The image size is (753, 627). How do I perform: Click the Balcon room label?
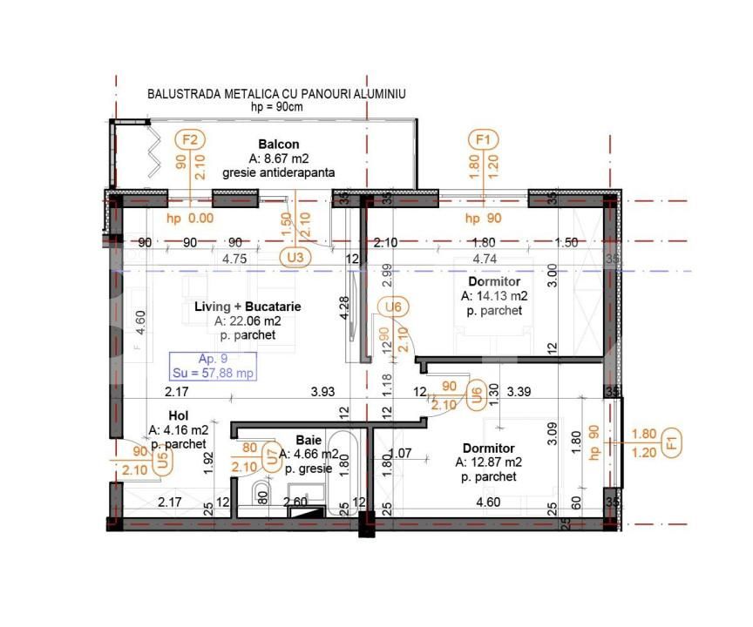[279, 144]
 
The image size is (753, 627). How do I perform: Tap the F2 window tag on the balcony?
[189, 139]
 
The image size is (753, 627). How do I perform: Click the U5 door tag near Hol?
[162, 462]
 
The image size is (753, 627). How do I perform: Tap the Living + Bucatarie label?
[248, 307]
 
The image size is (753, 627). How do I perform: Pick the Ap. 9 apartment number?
[214, 359]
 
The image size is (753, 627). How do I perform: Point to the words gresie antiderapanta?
[279, 172]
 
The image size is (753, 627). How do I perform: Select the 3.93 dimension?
[323, 392]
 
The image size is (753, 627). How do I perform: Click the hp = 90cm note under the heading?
[276, 106]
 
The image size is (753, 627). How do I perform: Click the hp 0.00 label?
[190, 219]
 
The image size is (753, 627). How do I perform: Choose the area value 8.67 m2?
[279, 158]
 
